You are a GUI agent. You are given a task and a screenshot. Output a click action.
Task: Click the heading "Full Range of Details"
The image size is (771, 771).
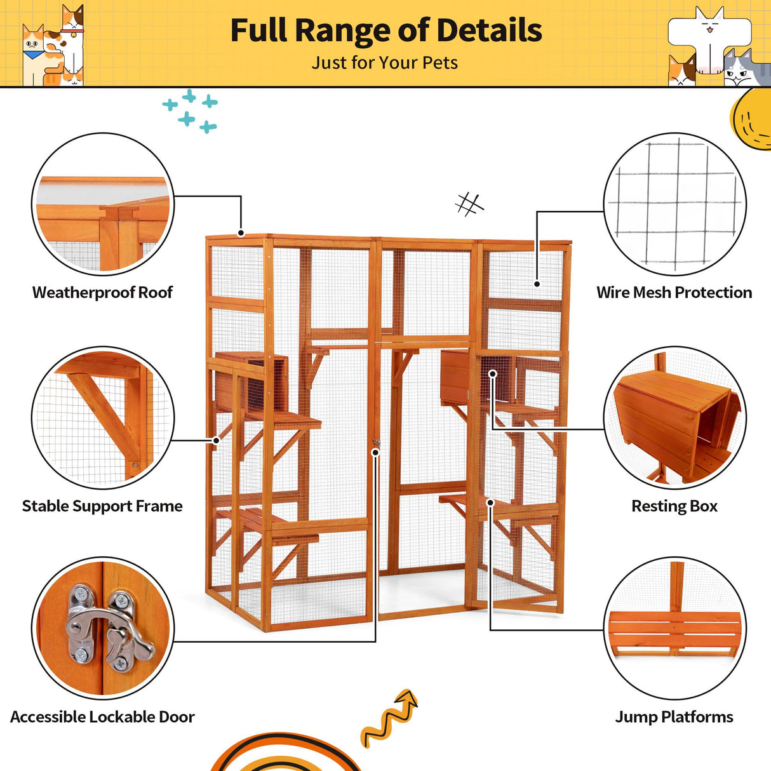point(385,30)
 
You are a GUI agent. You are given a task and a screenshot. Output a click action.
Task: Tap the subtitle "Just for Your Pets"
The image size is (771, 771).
point(385,63)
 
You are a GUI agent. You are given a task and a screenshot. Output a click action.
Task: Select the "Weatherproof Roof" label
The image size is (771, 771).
point(102,293)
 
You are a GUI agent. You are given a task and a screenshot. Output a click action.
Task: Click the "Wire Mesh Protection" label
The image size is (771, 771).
point(674,293)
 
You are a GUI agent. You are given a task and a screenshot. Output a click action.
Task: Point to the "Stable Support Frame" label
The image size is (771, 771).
point(102,506)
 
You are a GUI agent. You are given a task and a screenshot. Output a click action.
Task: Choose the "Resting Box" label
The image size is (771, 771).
point(674,506)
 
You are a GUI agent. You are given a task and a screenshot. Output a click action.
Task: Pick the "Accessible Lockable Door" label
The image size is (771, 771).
point(102,717)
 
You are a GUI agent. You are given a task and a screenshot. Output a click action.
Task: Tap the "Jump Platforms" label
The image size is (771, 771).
point(674,717)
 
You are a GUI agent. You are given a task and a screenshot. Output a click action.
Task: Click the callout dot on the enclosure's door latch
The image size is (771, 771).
point(376,452)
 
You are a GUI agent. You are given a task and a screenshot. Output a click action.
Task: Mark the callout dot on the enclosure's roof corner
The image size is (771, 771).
point(241,233)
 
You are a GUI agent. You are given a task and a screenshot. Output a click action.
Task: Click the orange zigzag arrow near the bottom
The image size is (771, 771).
point(389,718)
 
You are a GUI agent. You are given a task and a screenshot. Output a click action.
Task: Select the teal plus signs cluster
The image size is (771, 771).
point(190,111)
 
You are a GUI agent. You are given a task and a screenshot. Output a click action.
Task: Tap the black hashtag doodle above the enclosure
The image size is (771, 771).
point(469,204)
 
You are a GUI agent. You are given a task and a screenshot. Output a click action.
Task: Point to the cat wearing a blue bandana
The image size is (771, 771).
point(33,54)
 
